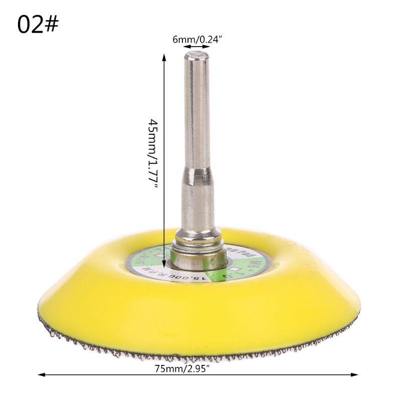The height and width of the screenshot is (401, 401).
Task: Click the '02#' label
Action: pyautogui.click(x=38, y=25)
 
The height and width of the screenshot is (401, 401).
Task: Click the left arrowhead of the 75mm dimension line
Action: pyautogui.click(x=42, y=374)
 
